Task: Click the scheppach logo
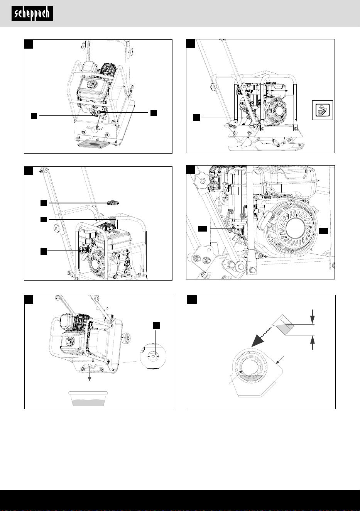32,14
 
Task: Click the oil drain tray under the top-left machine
93,145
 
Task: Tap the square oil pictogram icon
322,110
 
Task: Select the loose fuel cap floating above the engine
113,202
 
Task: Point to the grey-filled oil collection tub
88,399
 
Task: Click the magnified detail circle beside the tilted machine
153,356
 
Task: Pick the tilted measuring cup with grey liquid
283,325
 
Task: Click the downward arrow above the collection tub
90,374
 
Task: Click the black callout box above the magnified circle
156,325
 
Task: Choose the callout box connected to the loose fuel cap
44,203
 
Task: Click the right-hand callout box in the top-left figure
154,113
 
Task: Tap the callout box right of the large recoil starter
323,231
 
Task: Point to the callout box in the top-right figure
196,117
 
